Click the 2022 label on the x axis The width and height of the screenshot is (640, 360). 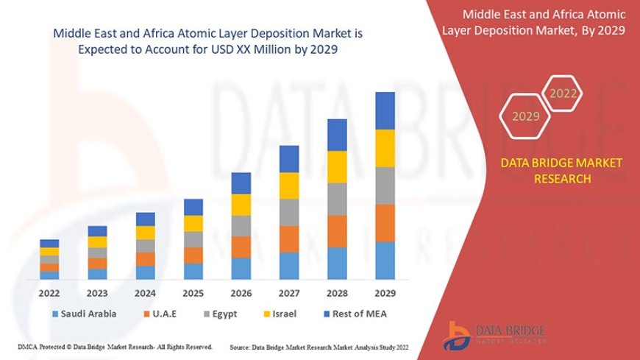[49, 293]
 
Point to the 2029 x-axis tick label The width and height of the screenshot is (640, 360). [385, 293]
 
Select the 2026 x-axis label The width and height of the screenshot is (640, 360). [241, 293]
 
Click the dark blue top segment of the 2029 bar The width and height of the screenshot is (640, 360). [385, 110]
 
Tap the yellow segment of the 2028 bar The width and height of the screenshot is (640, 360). [337, 166]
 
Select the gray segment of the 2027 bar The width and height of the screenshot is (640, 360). [289, 212]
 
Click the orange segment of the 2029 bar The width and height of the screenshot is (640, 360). [385, 223]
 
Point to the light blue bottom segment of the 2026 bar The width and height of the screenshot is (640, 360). [241, 268]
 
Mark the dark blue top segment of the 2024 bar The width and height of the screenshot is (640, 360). [146, 219]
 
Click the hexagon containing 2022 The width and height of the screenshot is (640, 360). [563, 93]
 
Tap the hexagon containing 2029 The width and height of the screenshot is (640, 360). [525, 116]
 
